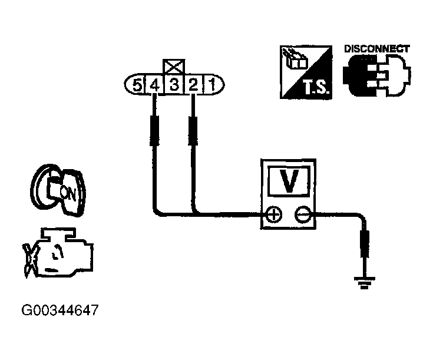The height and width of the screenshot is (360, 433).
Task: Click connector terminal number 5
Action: pos(137,85)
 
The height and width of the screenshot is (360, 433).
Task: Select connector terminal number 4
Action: pos(154,85)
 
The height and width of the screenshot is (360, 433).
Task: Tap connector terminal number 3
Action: pos(173,85)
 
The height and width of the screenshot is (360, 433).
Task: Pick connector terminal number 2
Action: pos(193,85)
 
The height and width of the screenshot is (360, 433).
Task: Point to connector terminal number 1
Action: pos(211,85)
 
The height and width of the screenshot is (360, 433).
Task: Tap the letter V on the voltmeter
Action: pos(289,182)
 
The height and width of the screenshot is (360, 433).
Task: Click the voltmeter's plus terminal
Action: pos(273,214)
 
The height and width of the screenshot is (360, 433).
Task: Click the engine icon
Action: pos(58,252)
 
